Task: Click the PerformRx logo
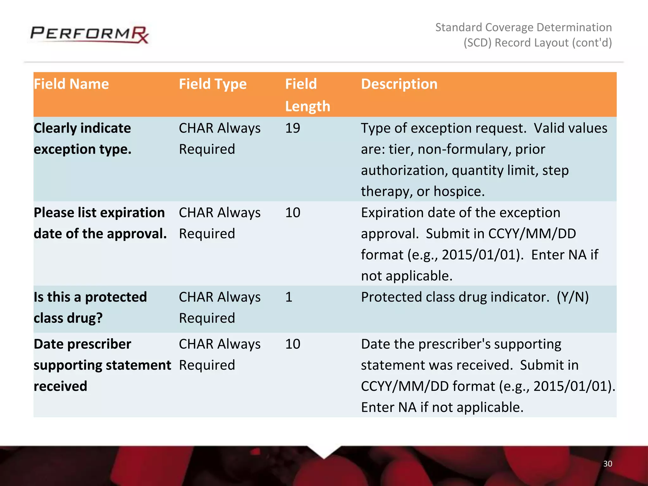[89, 34]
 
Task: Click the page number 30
[607, 464]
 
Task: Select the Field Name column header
[71, 84]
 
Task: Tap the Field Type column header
[213, 84]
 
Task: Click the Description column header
[399, 84]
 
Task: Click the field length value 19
[292, 128]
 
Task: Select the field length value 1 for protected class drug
[289, 297]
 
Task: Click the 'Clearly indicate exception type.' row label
[82, 138]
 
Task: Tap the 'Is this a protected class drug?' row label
[90, 307]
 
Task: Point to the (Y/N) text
[572, 297]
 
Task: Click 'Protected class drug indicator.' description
[455, 297]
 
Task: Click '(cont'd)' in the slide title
[592, 43]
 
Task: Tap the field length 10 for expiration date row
[292, 213]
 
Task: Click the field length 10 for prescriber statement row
[292, 344]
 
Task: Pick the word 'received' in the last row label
[60, 386]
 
